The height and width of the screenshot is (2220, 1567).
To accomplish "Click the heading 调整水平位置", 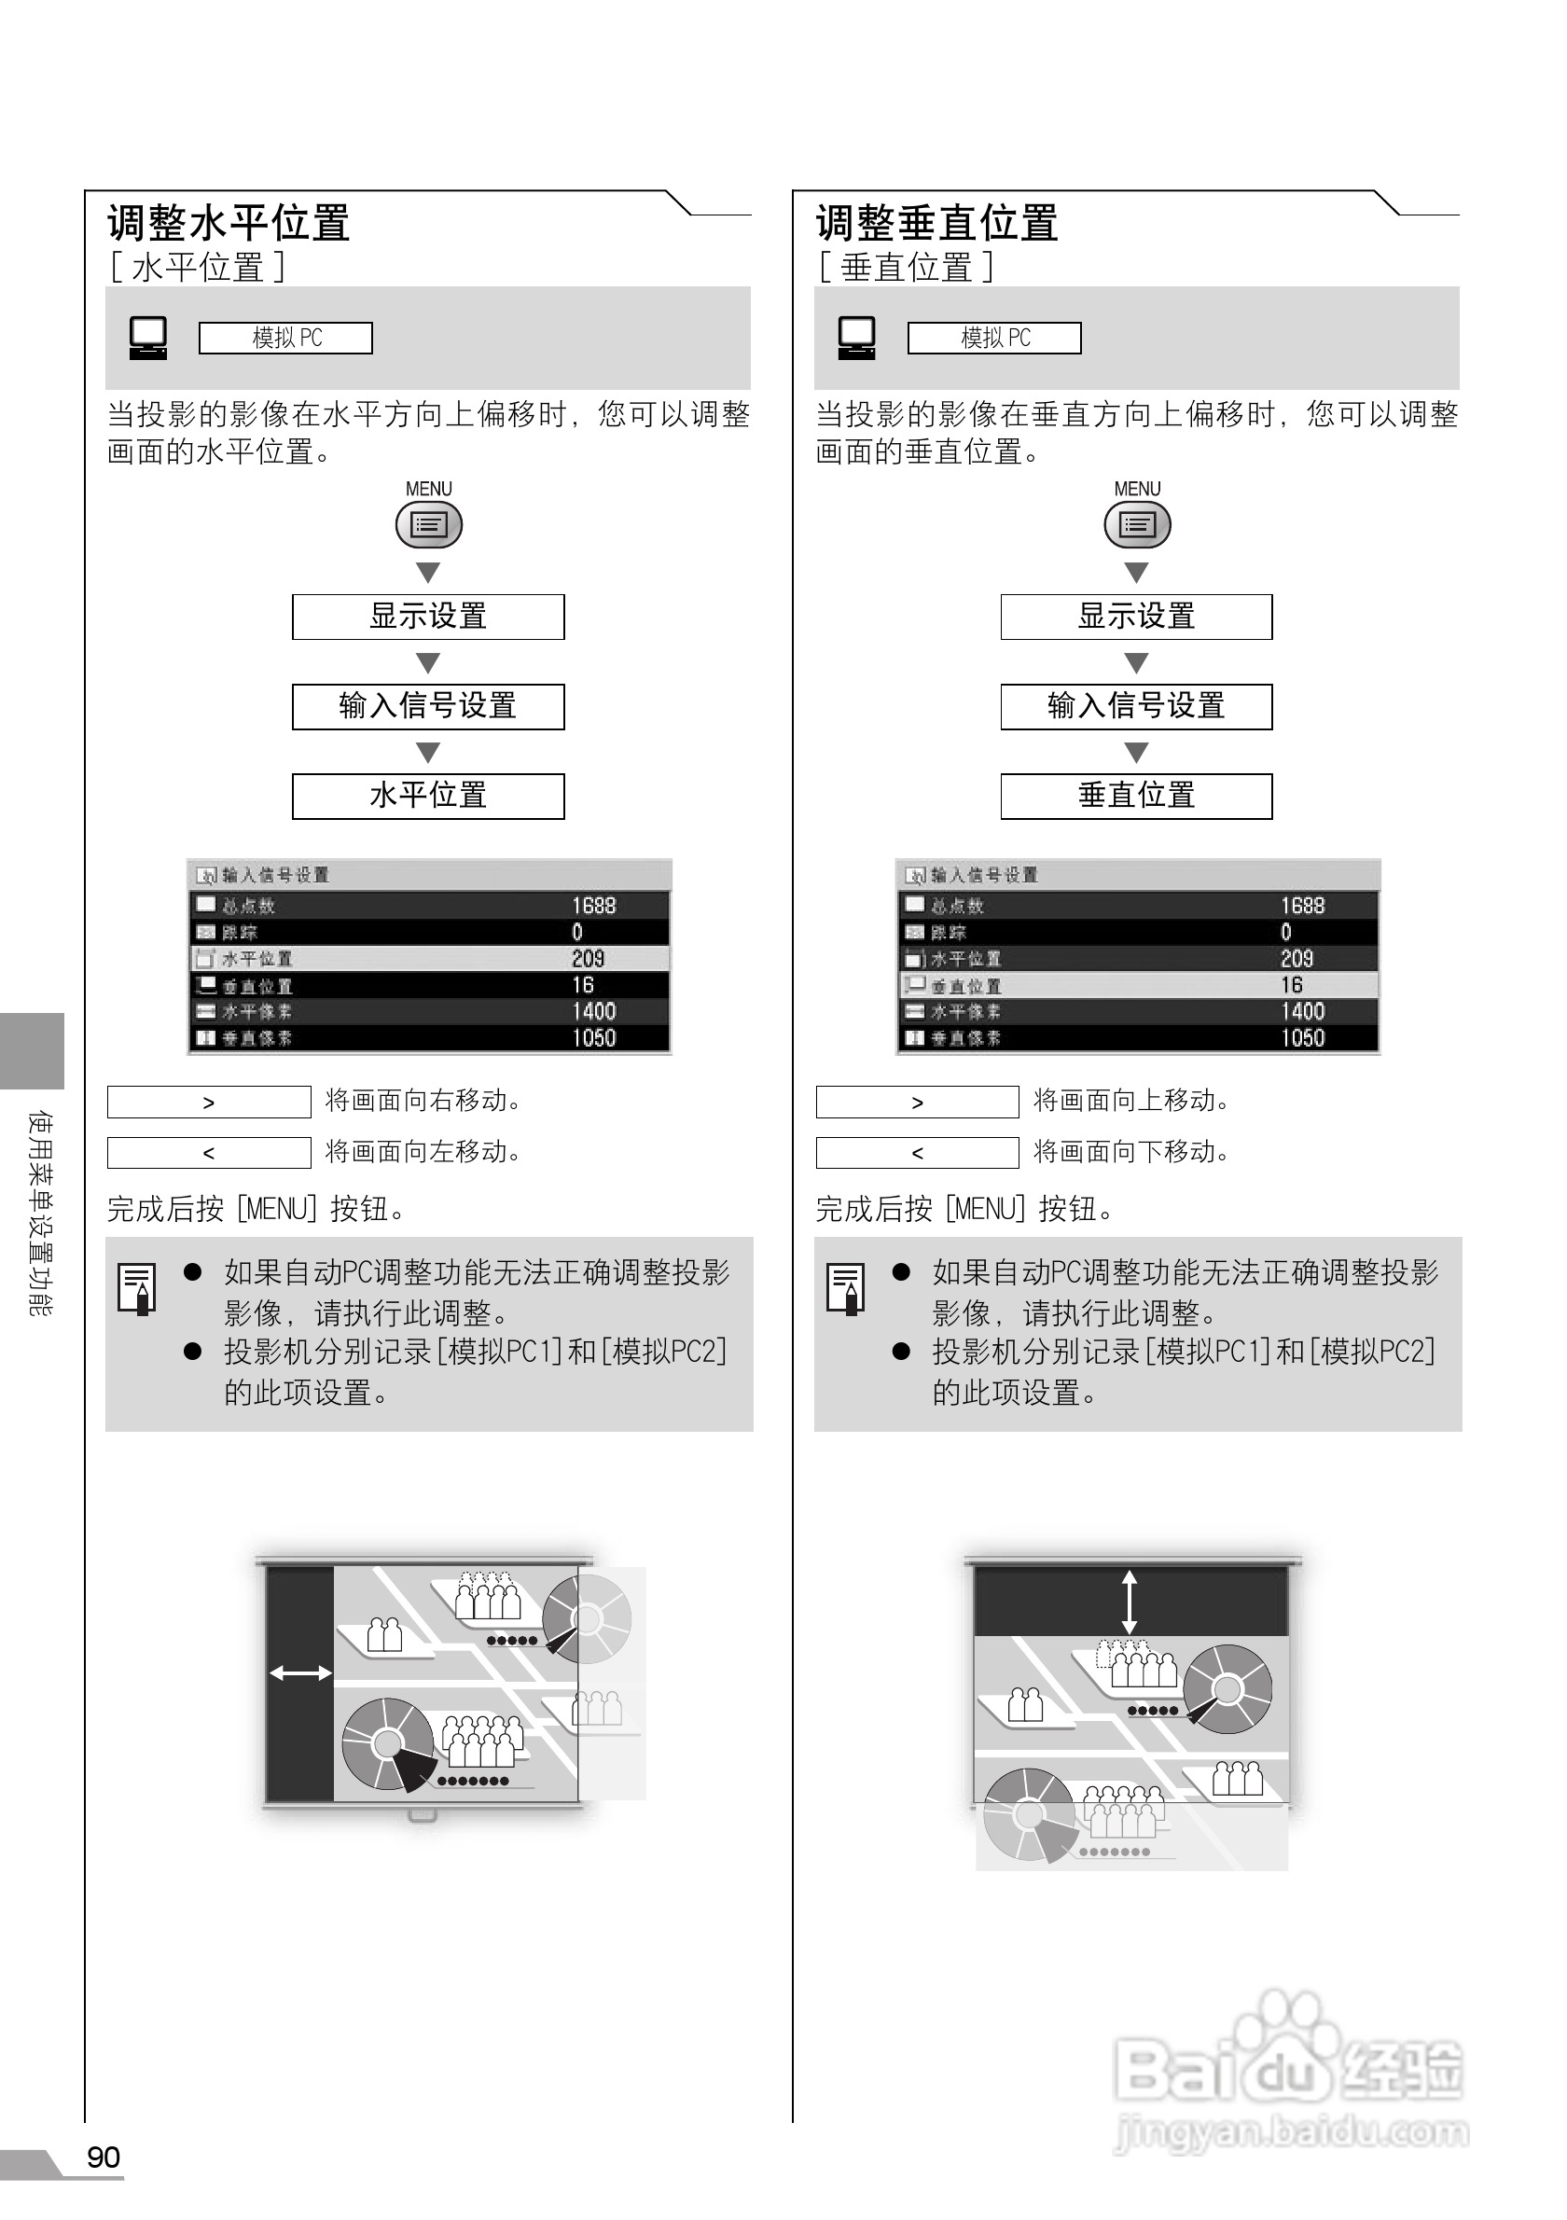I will tap(229, 223).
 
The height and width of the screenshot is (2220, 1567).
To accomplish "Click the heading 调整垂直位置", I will tap(936, 223).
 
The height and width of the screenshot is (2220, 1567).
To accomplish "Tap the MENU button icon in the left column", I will tap(428, 525).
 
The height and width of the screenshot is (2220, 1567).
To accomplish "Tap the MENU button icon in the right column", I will tap(1137, 525).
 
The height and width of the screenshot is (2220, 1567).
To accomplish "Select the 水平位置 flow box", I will tap(428, 796).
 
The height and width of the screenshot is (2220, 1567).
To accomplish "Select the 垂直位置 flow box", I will tap(1136, 796).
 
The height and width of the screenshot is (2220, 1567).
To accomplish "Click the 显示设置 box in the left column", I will tap(428, 617).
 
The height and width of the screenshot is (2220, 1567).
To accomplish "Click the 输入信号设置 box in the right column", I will tap(1136, 706).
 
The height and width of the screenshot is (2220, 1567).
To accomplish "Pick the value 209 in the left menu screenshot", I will tap(588, 958).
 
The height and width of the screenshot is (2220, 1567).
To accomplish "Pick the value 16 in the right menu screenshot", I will tap(1292, 984).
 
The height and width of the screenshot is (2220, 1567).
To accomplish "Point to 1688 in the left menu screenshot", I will tap(593, 905).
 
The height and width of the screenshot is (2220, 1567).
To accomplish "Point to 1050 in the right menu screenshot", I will tap(1302, 1037).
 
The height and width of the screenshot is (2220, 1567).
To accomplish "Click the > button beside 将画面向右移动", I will tap(209, 1103).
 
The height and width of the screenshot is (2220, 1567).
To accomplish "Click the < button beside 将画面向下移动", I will tap(918, 1153).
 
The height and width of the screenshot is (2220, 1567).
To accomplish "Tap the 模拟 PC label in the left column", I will tap(285, 339).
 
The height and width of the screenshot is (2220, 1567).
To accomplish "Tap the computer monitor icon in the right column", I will tap(856, 338).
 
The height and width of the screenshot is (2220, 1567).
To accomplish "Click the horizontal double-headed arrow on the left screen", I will tap(299, 1672).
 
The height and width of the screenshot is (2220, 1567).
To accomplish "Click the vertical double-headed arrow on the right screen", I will tap(1130, 1603).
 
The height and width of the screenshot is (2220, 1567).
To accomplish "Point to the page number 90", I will tap(104, 2158).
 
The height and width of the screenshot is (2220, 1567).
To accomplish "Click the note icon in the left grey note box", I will tap(136, 1289).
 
